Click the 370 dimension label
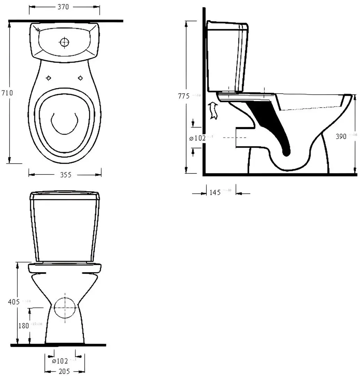tap(64, 7)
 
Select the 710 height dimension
tap(7, 93)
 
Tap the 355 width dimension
tap(65, 175)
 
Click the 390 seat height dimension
tap(341, 137)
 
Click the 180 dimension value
tap(24, 326)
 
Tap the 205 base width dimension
tap(65, 371)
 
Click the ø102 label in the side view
tap(198, 138)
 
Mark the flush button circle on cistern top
tap(64, 42)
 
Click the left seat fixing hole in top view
tap(49, 78)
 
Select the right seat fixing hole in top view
tap(80, 78)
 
